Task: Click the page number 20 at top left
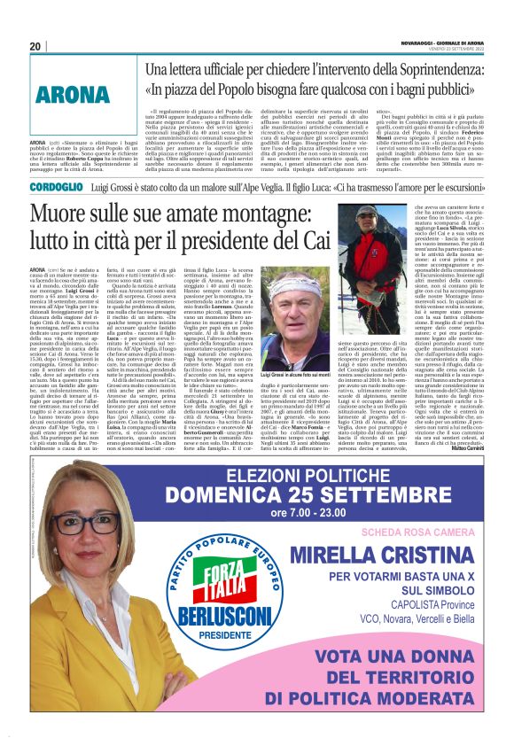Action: click(x=35, y=46)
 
